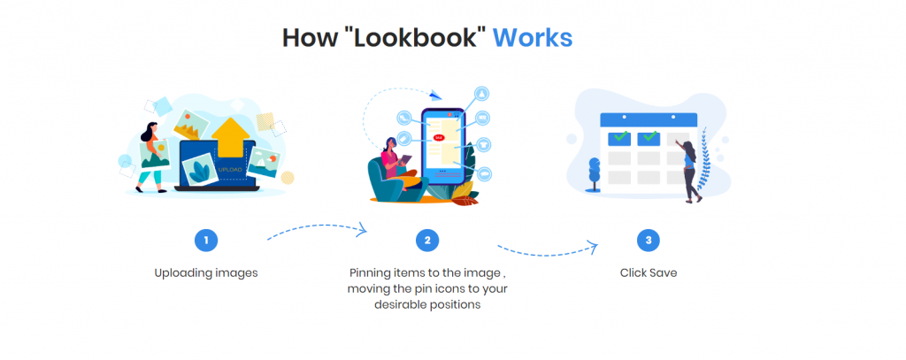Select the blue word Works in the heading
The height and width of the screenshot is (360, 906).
[532, 37]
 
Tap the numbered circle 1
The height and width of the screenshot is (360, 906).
[206, 240]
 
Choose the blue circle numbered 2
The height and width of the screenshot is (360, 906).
[427, 240]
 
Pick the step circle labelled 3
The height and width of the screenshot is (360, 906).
[649, 240]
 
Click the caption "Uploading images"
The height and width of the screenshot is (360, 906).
[206, 272]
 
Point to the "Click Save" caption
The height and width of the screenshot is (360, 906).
[649, 272]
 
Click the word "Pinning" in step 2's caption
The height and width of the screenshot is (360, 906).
[371, 272]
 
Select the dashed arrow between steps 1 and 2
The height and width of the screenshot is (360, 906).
[317, 232]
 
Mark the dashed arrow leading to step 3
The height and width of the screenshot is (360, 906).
[548, 247]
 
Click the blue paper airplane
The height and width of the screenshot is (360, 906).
[434, 94]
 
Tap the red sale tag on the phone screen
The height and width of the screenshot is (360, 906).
[438, 137]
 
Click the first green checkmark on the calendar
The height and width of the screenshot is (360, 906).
[622, 137]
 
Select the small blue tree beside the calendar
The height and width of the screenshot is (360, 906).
[594, 170]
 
